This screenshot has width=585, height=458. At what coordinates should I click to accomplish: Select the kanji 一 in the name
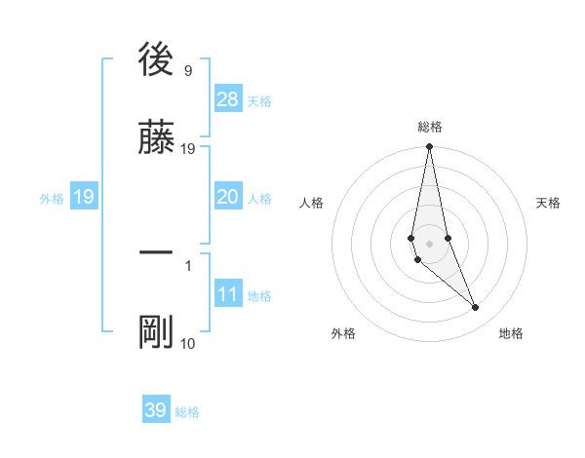pyautogui.click(x=156, y=252)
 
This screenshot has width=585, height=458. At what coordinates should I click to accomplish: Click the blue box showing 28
pyautogui.click(x=228, y=99)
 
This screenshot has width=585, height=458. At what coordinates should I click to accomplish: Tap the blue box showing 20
pyautogui.click(x=227, y=197)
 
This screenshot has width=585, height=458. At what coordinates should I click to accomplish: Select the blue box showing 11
pyautogui.click(x=228, y=294)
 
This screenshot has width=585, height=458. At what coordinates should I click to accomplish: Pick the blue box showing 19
pyautogui.click(x=83, y=197)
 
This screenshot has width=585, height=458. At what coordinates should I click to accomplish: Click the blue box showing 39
pyautogui.click(x=156, y=410)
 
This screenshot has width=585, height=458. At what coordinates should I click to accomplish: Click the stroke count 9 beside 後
pyautogui.click(x=187, y=71)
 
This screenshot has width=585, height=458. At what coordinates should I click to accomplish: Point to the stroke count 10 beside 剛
pyautogui.click(x=187, y=343)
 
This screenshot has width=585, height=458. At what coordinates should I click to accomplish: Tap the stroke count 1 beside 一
pyautogui.click(x=187, y=264)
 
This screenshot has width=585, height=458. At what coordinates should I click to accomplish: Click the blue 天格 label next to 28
pyautogui.click(x=259, y=101)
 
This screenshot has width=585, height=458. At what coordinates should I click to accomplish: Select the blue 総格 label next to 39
pyautogui.click(x=187, y=412)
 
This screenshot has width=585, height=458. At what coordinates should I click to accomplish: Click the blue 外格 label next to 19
pyautogui.click(x=52, y=199)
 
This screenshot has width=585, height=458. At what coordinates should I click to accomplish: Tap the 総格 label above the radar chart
pyautogui.click(x=430, y=127)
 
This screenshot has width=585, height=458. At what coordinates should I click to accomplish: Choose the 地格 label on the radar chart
pyautogui.click(x=511, y=333)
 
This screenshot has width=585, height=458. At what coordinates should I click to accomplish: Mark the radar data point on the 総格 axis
pyautogui.click(x=429, y=147)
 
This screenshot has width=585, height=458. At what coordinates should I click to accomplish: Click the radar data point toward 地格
pyautogui.click(x=476, y=308)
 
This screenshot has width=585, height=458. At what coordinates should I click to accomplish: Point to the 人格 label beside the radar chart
pyautogui.click(x=312, y=203)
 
